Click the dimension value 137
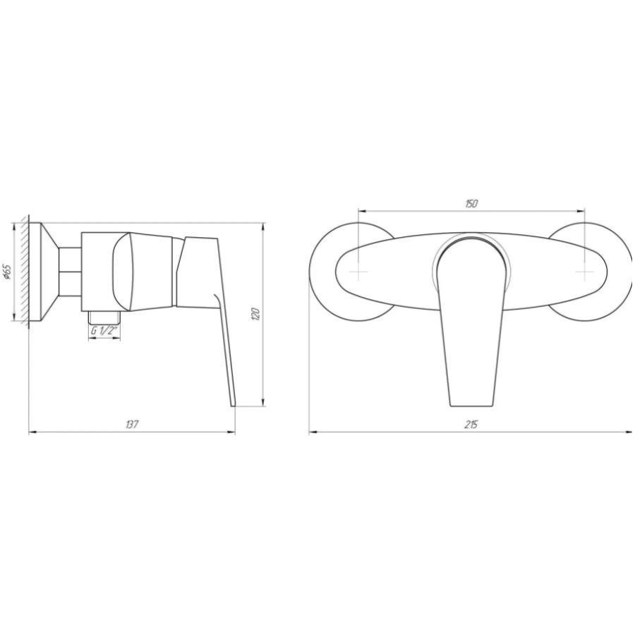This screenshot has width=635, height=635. click(x=132, y=425)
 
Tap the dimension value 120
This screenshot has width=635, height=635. click(x=255, y=314)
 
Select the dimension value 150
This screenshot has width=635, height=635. click(x=471, y=203)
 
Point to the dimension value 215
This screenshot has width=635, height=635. click(x=471, y=425)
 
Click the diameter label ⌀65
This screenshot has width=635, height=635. click(x=8, y=272)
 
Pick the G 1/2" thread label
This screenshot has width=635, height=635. click(x=104, y=331)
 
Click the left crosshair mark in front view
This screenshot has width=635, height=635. click(x=359, y=272)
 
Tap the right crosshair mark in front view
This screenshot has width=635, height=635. click(x=585, y=272)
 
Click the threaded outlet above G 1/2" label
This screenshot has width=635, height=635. click(x=104, y=317)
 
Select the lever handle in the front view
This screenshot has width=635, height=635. click(x=472, y=324)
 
